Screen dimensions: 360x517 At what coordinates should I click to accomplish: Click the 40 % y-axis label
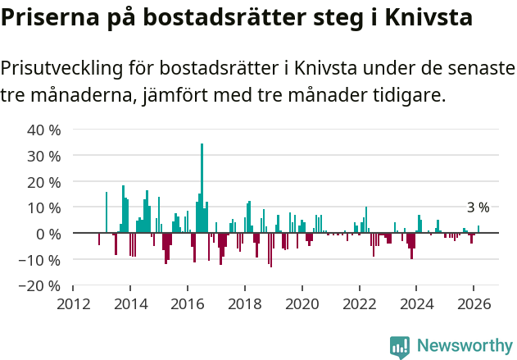click(x=44, y=130)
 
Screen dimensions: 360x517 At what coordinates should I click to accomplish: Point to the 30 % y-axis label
click(x=44, y=156)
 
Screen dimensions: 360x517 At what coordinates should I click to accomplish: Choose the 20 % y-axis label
click(x=44, y=182)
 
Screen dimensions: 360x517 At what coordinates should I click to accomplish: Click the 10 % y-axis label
click(x=44, y=208)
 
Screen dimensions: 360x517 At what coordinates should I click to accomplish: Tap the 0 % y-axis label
click(x=48, y=235)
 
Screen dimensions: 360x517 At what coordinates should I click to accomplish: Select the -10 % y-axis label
click(x=41, y=261)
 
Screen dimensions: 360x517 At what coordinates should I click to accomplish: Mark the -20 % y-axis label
click(x=41, y=287)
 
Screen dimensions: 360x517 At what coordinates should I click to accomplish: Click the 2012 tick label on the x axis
click(x=73, y=304)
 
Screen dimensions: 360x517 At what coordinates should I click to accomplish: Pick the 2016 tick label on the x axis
click(x=188, y=304)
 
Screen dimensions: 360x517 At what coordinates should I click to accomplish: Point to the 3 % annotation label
click(x=478, y=207)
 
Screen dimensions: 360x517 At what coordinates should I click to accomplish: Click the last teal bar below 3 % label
click(x=478, y=230)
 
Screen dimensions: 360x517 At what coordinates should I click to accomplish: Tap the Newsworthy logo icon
click(x=400, y=346)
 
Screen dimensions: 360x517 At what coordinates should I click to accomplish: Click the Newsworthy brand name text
click(x=464, y=346)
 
